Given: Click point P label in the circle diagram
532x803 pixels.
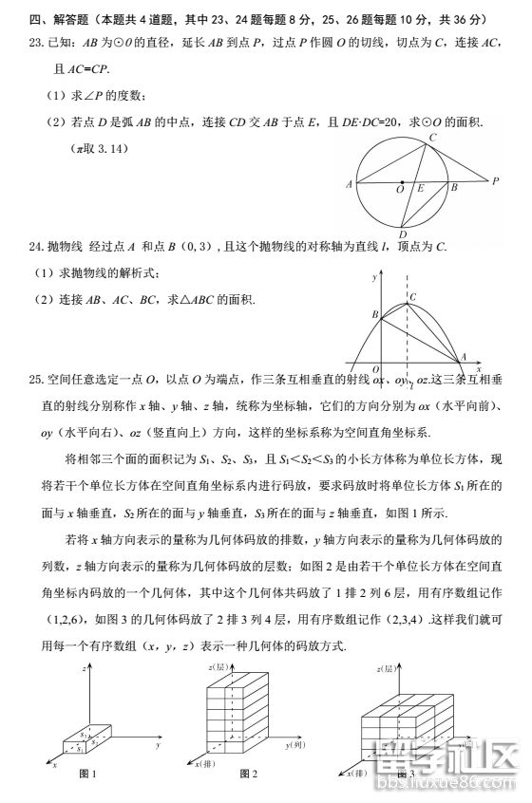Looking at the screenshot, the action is (495, 179).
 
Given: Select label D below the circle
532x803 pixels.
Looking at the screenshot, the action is (403, 234).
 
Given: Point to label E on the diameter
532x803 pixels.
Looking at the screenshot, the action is (419, 190).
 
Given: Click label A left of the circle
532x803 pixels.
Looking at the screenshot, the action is (350, 184).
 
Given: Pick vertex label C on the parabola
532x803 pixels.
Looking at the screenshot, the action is (413, 297).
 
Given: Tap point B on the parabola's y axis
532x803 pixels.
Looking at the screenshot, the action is (375, 313).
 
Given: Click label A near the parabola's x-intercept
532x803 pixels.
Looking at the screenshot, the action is (463, 357).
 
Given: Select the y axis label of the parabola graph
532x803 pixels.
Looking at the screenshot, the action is (375, 278).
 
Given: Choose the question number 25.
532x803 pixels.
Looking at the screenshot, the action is (37, 380).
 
